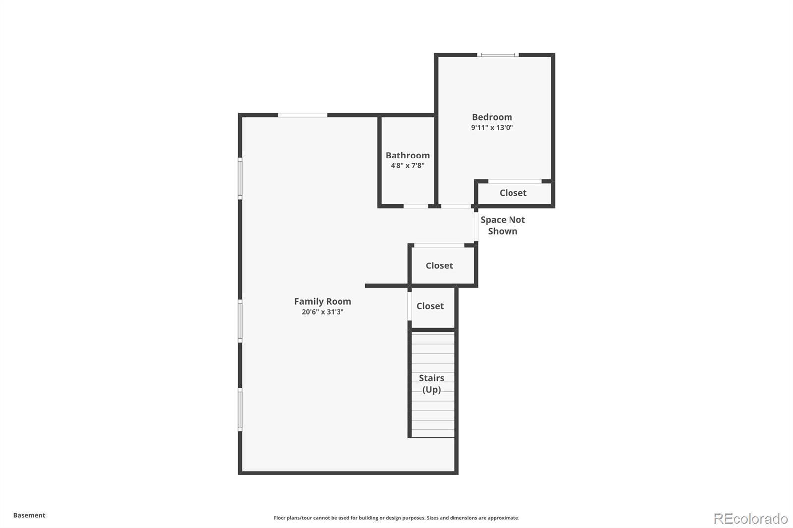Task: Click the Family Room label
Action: coord(323,301)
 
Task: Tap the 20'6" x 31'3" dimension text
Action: coord(323,312)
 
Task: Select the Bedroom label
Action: coord(492,117)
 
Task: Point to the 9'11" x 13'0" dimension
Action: coord(492,127)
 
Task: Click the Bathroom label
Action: coord(407,156)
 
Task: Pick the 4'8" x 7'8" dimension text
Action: coord(407,165)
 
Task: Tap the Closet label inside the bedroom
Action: coord(513,193)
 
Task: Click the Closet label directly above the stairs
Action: coord(430,306)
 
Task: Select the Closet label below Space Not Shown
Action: coord(439,266)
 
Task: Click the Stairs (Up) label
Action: coord(432,384)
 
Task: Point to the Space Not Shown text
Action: coord(503,225)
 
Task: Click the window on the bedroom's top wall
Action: coord(498,55)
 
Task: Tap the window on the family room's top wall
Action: coord(302,115)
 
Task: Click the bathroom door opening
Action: coord(416,206)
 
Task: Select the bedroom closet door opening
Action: coord(515,181)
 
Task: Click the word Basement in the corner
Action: coord(29,515)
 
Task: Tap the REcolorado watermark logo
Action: coord(750,519)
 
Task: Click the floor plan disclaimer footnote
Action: coord(396,518)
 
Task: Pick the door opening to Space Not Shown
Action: coord(476,226)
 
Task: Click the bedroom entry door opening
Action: coord(456,206)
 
